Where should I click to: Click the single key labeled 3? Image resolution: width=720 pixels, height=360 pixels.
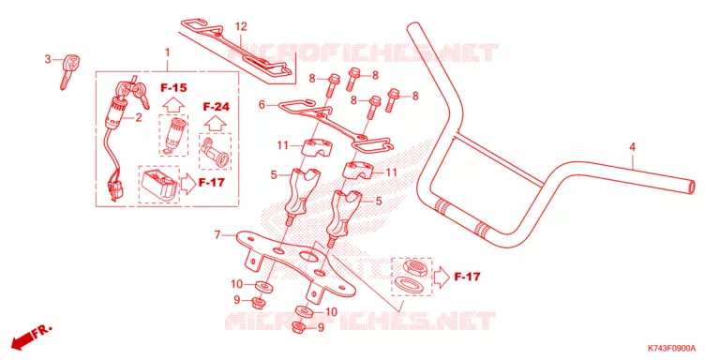[x=69, y=71]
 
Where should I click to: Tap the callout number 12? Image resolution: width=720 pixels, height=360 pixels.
[x=241, y=26]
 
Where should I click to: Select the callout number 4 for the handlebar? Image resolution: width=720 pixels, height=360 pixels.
[x=632, y=147]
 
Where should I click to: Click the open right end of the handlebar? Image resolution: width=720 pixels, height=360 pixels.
[x=692, y=187]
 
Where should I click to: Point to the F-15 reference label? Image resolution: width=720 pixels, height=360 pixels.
[x=173, y=88]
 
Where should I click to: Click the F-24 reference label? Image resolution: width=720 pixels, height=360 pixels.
[x=216, y=107]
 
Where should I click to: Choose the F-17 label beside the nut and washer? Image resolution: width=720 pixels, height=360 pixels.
[x=467, y=277]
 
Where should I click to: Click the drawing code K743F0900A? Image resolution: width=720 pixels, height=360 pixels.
[x=672, y=348]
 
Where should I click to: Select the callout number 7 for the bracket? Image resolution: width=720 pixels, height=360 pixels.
[x=217, y=235]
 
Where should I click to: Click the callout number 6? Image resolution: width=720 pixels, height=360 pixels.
[x=262, y=105]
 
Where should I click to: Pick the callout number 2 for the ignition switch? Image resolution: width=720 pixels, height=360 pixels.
[x=138, y=117]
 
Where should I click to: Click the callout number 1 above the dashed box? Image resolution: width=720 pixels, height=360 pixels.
[x=168, y=52]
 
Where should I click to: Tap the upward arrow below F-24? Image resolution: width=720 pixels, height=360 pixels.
[x=216, y=123]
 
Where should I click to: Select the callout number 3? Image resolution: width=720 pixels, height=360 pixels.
[x=47, y=59]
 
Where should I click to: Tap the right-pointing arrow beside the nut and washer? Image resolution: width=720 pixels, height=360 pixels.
[x=441, y=277]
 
